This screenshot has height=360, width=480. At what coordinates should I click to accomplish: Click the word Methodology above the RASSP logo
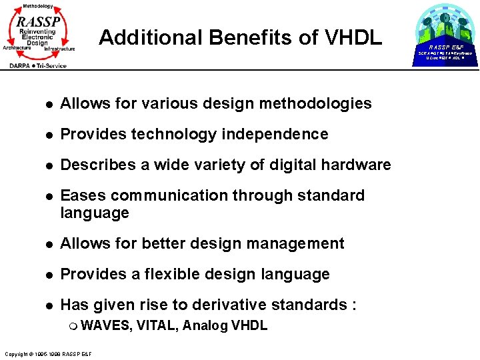[38, 5]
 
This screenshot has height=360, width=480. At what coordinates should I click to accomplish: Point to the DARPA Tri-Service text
[37, 65]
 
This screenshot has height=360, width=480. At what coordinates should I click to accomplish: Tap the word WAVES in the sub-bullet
[107, 325]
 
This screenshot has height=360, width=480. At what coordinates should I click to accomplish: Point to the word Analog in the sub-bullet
[204, 325]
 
